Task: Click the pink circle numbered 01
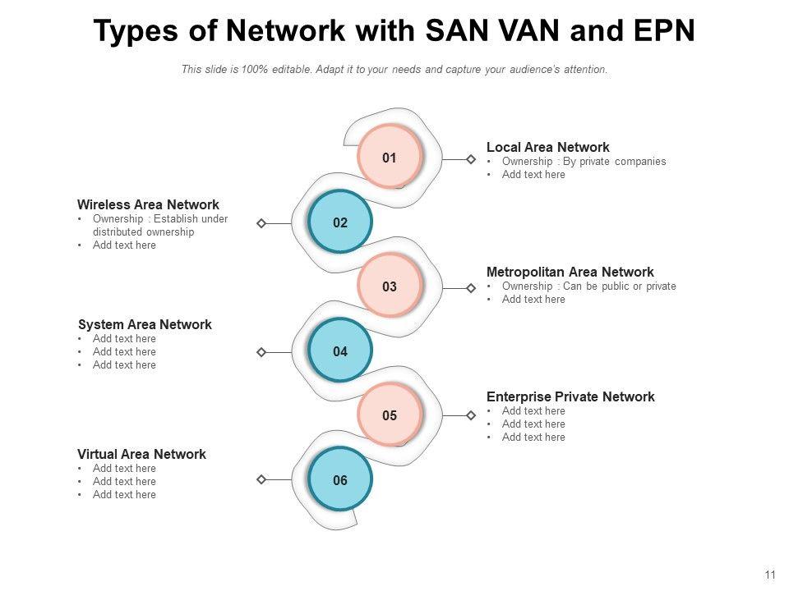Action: pyautogui.click(x=390, y=158)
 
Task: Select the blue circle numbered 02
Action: pyautogui.click(x=340, y=222)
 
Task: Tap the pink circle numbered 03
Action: pyautogui.click(x=390, y=286)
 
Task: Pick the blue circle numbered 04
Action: pyautogui.click(x=340, y=351)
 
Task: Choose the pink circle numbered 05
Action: pyautogui.click(x=390, y=415)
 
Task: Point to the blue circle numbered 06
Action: pyautogui.click(x=340, y=480)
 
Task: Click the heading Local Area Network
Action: pyautogui.click(x=547, y=148)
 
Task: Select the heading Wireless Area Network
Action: pyautogui.click(x=148, y=205)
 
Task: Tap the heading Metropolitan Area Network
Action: pyautogui.click(x=570, y=273)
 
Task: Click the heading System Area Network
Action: pyautogui.click(x=145, y=325)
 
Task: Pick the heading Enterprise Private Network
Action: pyautogui.click(x=570, y=397)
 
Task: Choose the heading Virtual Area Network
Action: pyautogui.click(x=141, y=455)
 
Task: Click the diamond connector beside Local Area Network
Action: pyautogui.click(x=471, y=159)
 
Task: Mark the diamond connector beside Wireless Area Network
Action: pyautogui.click(x=261, y=223)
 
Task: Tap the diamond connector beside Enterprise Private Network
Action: pyautogui.click(x=471, y=415)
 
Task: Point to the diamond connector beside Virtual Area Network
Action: pyautogui.click(x=261, y=479)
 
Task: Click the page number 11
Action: pyautogui.click(x=770, y=575)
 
